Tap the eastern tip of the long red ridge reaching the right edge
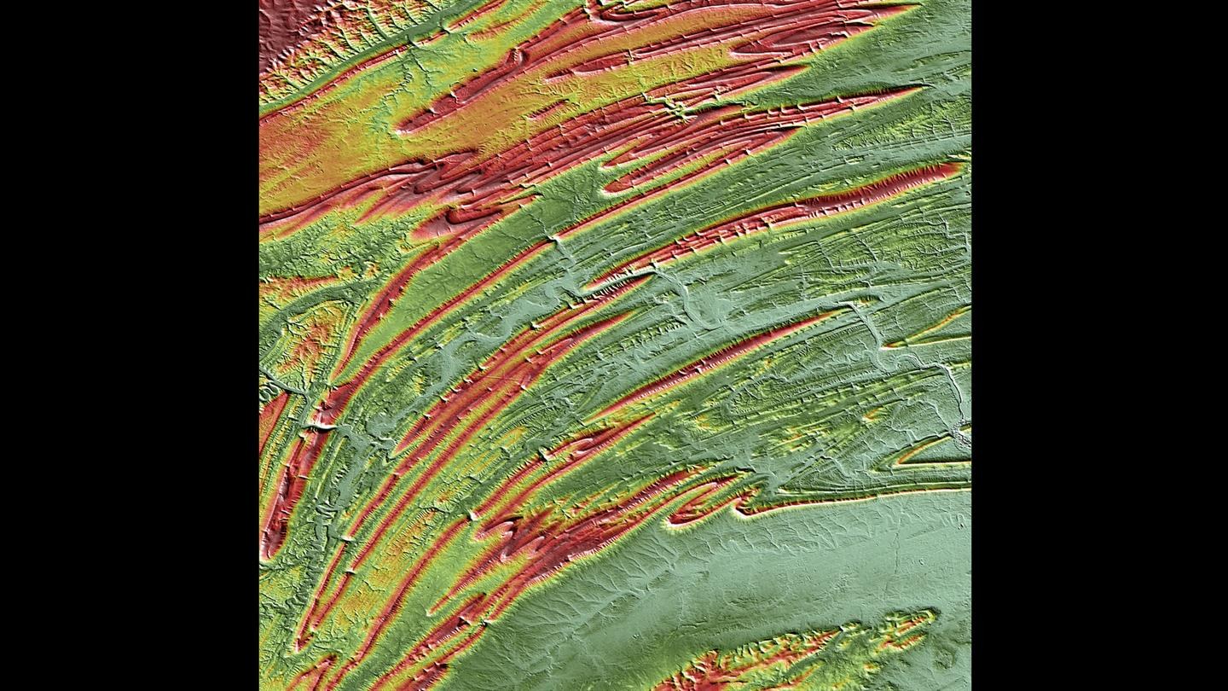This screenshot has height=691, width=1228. coord(959,169)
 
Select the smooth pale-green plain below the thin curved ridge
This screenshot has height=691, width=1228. coord(767,580)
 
